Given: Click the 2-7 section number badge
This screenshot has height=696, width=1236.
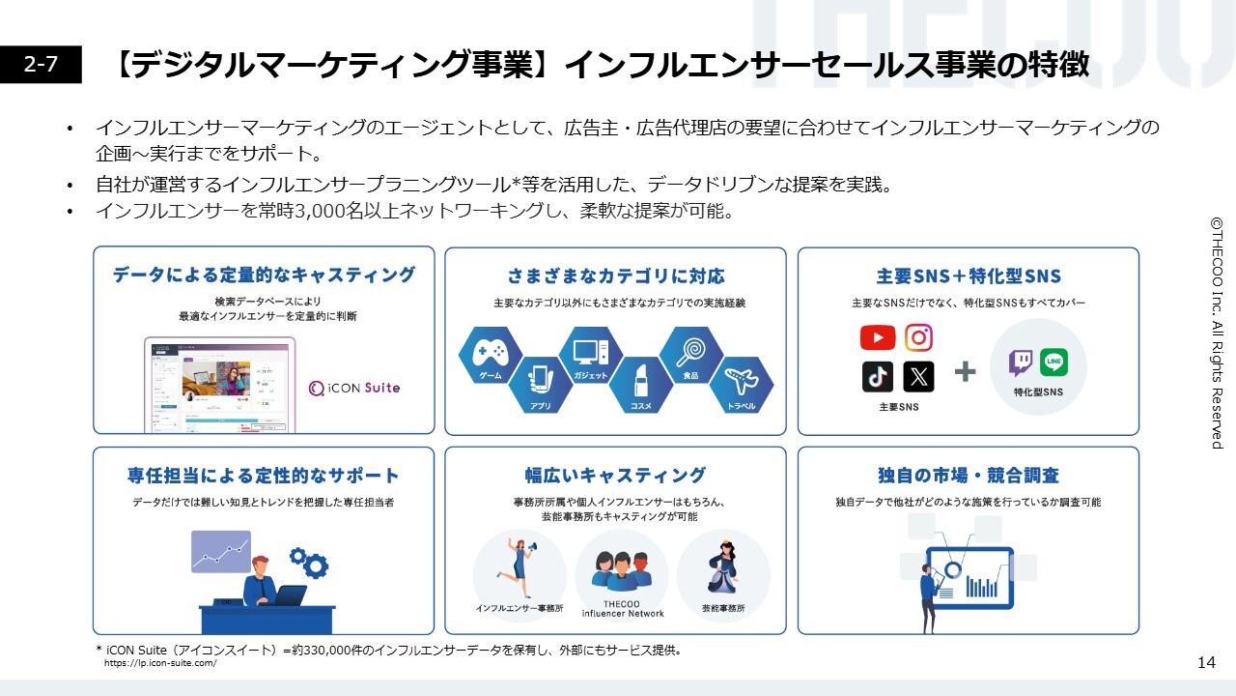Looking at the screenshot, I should click(x=41, y=65).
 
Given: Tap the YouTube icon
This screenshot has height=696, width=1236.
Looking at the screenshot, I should click(x=877, y=337).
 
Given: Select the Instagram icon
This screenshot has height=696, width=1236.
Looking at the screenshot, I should click(x=918, y=337).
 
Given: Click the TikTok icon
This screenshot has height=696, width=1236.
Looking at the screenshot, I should click(x=877, y=377).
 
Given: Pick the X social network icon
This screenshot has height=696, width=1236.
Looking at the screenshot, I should click(x=918, y=377).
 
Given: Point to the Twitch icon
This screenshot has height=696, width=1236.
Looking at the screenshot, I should click(x=1020, y=362).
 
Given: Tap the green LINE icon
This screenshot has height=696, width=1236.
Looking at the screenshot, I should click(x=1053, y=362).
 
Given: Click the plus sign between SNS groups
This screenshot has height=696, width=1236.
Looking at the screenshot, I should click(x=965, y=372).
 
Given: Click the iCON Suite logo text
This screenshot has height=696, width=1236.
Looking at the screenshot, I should click(x=353, y=388).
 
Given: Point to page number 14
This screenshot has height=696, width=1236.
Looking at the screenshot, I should click(x=1206, y=662).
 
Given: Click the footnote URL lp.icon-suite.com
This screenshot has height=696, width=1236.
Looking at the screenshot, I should click(x=160, y=663).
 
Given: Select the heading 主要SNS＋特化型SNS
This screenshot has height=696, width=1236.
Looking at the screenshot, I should click(x=968, y=276).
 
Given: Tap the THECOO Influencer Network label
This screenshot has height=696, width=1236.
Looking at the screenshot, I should click(x=622, y=609).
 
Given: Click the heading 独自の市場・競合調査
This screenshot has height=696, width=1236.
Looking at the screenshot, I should click(x=968, y=476).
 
